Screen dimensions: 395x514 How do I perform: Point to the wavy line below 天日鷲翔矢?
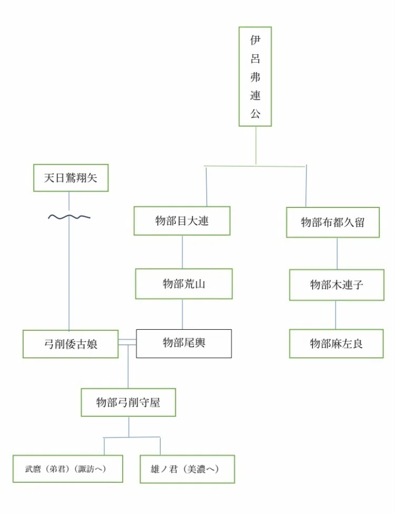[x=69, y=217]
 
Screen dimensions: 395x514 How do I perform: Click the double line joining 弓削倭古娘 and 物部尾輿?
[x=127, y=342]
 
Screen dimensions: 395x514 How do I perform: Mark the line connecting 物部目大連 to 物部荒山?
[x=182, y=252]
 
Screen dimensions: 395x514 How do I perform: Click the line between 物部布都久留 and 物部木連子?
[x=337, y=253]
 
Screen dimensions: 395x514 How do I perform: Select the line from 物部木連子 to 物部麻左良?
[x=335, y=315]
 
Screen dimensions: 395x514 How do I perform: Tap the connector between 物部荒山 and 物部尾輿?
[x=182, y=314]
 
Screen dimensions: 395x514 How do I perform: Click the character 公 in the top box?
[x=255, y=113]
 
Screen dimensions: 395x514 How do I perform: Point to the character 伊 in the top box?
[x=255, y=40]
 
